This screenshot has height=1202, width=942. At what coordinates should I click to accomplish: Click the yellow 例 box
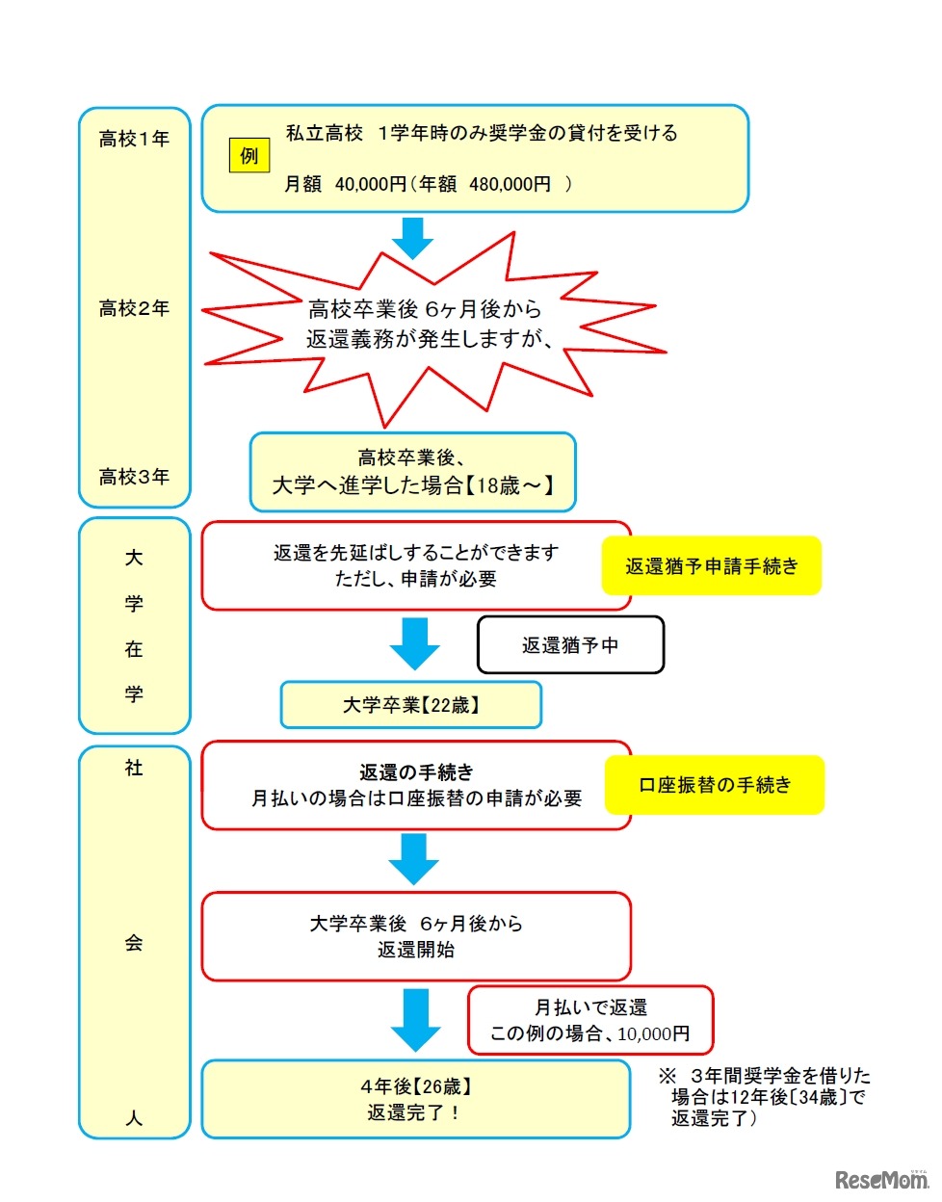[249, 156]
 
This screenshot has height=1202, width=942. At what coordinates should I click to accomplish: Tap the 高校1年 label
[134, 140]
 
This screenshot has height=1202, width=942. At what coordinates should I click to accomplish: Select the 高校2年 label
[134, 308]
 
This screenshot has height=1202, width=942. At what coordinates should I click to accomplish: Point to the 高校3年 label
[134, 477]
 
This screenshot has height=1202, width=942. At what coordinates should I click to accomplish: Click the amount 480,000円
[510, 184]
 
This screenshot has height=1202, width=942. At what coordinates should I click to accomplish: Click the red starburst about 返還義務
[429, 325]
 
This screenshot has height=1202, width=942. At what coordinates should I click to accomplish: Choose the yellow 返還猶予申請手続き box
[711, 566]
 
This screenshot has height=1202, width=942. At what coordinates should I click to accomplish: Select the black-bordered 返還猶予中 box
[570, 645]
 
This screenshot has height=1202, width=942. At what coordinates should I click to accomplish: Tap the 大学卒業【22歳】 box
[410, 705]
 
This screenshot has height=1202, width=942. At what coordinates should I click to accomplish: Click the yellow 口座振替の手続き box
[714, 785]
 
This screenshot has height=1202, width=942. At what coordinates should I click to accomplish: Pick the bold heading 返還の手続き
[416, 772]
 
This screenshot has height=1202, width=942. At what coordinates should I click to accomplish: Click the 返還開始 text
[416, 950]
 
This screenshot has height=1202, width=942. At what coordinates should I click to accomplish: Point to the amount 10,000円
[654, 1033]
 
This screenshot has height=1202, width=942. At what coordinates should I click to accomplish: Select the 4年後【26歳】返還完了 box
[415, 1099]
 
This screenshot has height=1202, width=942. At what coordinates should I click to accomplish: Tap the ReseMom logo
[879, 1179]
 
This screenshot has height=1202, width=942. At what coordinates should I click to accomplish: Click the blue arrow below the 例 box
[413, 239]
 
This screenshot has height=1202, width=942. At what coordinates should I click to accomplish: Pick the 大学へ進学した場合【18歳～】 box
[412, 472]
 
